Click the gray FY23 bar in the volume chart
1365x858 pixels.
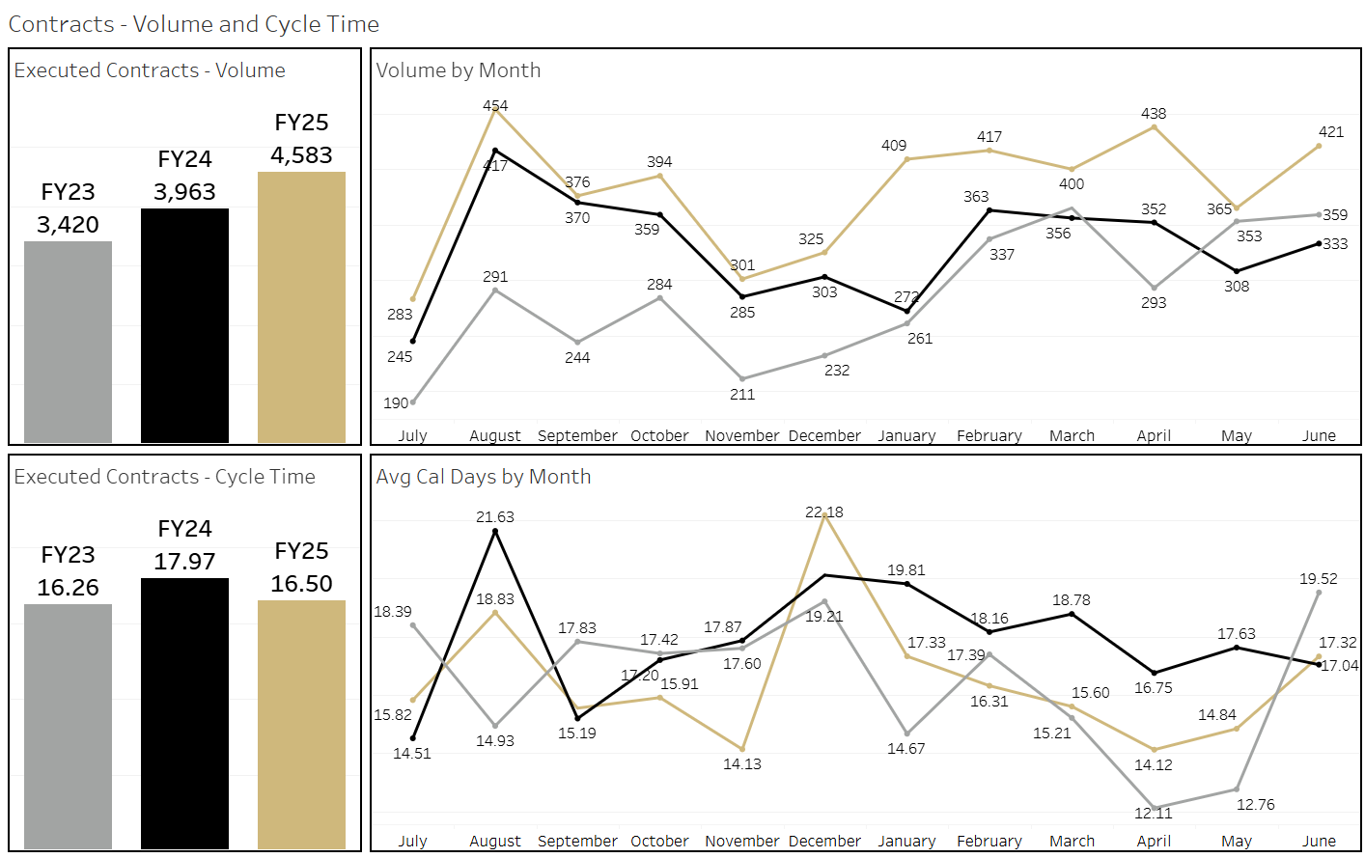pyautogui.click(x=68, y=342)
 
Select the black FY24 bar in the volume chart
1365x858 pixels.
pyautogui.click(x=184, y=325)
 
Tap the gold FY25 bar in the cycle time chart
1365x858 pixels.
pyautogui.click(x=301, y=724)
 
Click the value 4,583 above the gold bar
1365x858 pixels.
pyautogui.click(x=301, y=155)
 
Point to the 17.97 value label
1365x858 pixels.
pyautogui.click(x=184, y=562)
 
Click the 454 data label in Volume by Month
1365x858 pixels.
pyautogui.click(x=495, y=105)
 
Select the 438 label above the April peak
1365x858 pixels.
pyautogui.click(x=1154, y=113)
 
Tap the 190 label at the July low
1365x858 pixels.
pyautogui.click(x=396, y=403)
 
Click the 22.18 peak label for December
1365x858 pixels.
pyautogui.click(x=824, y=512)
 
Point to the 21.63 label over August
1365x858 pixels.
pyautogui.click(x=495, y=517)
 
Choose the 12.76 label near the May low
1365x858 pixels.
pyautogui.click(x=1256, y=804)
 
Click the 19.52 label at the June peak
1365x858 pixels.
pyautogui.click(x=1319, y=579)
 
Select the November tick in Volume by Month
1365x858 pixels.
pyautogui.click(x=741, y=436)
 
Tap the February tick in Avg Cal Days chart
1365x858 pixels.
pyautogui.click(x=989, y=842)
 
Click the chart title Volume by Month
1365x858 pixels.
pyautogui.click(x=459, y=70)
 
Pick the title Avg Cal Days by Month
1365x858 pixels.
pyautogui.click(x=484, y=477)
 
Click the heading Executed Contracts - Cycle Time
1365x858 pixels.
pyautogui.click(x=165, y=477)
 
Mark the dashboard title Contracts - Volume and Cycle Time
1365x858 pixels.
pyautogui.click(x=194, y=24)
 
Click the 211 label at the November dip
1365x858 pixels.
pyautogui.click(x=742, y=394)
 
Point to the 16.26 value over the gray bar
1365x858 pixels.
pyautogui.click(x=68, y=588)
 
